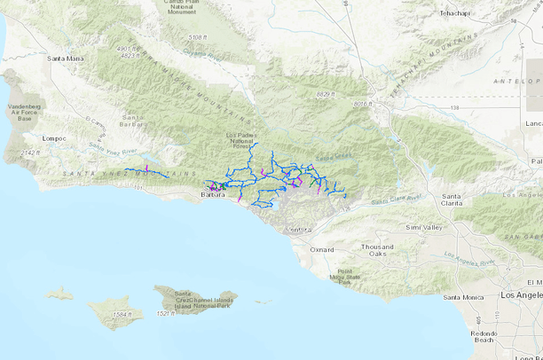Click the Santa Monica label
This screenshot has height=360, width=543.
pyautogui.click(x=462, y=297)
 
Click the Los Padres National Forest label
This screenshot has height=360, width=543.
pyautogui.click(x=240, y=142)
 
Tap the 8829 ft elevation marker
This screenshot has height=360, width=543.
pyautogui.click(x=327, y=94)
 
